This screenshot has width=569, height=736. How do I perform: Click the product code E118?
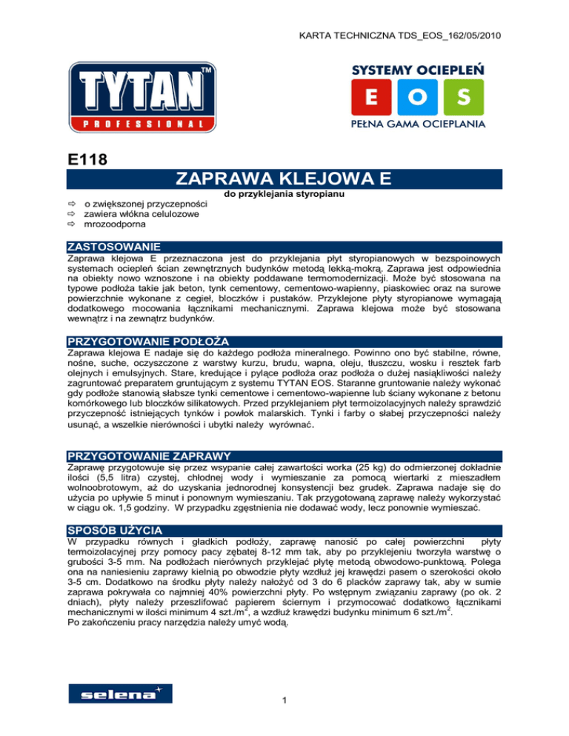(82, 160)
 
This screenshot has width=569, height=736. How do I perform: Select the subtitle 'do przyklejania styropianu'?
(284, 195)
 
